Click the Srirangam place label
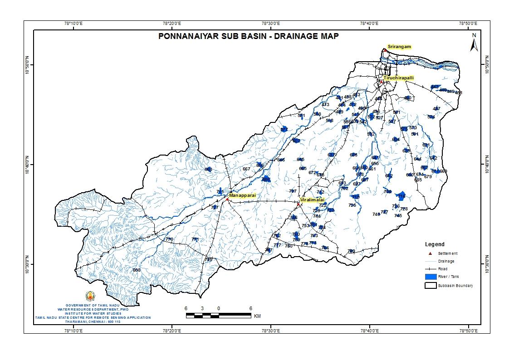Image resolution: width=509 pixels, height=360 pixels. click(399, 47)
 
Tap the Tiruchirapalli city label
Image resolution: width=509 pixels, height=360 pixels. click(399, 78)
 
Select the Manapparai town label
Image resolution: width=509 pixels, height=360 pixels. click(243, 195)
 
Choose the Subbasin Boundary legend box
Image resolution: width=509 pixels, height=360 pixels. click(430, 286)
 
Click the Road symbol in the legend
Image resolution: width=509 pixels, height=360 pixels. click(430, 269)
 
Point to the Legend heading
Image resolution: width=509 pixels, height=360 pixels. click(435, 244)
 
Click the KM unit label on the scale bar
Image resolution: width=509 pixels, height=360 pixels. click(257, 316)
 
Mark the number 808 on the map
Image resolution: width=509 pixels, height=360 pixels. click(137, 270)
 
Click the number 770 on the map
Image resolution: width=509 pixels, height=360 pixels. click(169, 239)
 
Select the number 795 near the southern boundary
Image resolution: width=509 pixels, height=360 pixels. click(208, 260)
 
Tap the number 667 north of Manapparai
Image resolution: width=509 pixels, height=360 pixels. click(246, 169)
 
